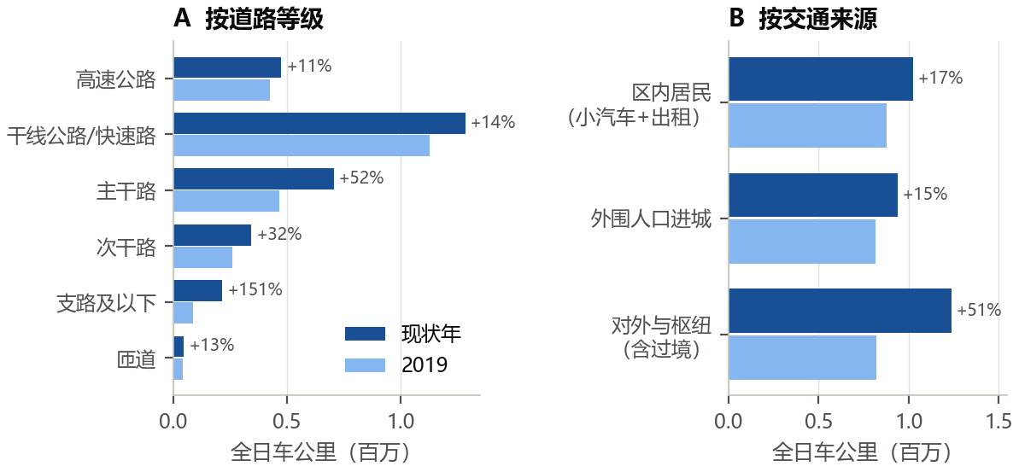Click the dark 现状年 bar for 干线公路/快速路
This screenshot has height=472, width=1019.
point(319,124)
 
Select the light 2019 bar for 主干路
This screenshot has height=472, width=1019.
point(226,201)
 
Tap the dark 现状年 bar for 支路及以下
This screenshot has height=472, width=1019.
point(197,291)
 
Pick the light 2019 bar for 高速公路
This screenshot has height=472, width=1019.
point(221,90)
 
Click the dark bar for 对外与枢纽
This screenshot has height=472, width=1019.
point(840,311)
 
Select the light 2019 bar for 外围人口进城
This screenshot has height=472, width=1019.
point(802,242)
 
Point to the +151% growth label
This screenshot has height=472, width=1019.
point(255,289)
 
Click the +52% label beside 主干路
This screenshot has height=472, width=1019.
point(361,178)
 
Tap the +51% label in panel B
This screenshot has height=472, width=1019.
point(979,310)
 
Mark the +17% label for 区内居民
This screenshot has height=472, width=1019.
point(940,78)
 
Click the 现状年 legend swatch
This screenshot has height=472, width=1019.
point(365,334)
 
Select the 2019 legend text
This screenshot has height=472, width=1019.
point(425,365)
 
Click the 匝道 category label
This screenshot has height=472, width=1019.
point(137,359)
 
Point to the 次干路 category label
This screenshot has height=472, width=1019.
point(126,248)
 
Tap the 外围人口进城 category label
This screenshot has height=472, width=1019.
point(651,219)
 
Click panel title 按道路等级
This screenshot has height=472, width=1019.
point(264,20)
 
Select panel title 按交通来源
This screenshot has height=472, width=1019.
point(818,20)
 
